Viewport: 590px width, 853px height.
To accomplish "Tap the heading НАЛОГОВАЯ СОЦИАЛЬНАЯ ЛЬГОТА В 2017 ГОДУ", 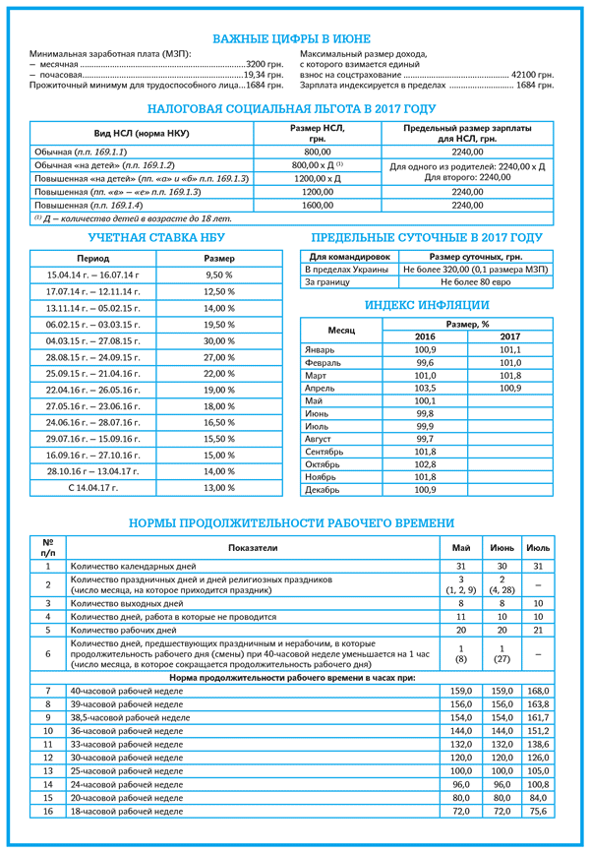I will (295, 109).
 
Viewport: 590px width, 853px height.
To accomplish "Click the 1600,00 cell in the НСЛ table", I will (319, 205).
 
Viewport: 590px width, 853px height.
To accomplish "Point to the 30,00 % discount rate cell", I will (218, 339).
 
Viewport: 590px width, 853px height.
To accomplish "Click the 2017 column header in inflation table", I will (509, 336).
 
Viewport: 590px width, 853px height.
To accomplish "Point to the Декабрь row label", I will (324, 489).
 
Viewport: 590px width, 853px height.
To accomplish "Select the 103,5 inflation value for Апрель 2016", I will (425, 388).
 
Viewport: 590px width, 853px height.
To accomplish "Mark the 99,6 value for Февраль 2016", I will (425, 362).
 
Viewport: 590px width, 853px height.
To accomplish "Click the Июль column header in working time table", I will (538, 547).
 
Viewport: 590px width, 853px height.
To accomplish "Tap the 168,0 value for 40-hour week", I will (538, 691).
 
